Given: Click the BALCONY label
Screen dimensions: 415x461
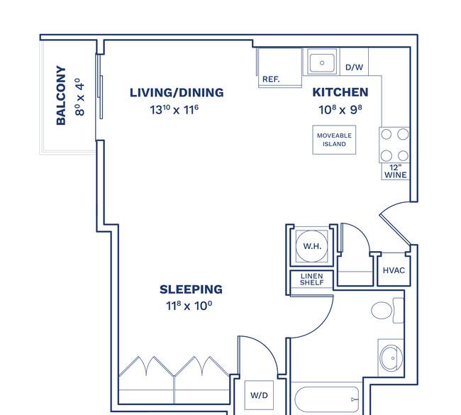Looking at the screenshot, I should (61, 96).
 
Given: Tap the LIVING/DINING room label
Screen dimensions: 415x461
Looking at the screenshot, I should (177, 92).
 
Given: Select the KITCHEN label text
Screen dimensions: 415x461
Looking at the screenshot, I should (340, 92).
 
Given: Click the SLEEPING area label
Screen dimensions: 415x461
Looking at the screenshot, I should (191, 289).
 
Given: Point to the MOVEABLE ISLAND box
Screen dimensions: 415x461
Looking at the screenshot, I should (334, 139).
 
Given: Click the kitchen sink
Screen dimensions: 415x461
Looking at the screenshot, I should (323, 62).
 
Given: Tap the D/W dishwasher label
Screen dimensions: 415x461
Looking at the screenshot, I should (355, 67).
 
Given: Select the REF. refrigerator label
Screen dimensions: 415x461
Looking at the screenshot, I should (271, 79).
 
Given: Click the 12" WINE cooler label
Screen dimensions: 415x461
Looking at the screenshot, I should (396, 171).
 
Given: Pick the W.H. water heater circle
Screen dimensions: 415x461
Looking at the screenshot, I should (313, 245).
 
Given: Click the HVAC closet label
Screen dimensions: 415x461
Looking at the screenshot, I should (394, 270).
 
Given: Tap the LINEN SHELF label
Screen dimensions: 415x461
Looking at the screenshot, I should (312, 280).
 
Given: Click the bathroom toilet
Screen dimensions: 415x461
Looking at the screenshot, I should (387, 310).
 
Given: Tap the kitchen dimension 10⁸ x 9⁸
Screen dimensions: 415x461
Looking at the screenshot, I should (340, 110).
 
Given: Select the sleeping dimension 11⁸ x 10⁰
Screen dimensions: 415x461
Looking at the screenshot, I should (190, 306).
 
